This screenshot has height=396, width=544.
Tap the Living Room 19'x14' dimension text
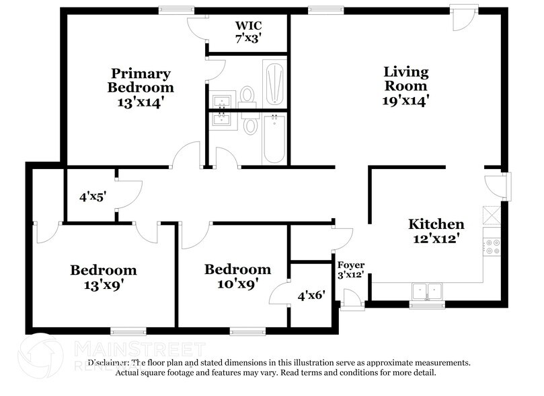[405, 101]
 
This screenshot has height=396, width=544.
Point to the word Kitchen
[436, 224]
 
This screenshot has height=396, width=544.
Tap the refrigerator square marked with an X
[492, 215]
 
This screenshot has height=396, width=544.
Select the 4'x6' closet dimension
[311, 295]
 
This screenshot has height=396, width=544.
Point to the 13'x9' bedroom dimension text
[103, 284]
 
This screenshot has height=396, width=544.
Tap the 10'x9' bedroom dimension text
[237, 284]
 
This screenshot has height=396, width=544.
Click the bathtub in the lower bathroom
[274, 138]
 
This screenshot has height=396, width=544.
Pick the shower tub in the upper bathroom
[274, 84]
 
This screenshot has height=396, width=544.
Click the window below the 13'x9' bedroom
[128, 331]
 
